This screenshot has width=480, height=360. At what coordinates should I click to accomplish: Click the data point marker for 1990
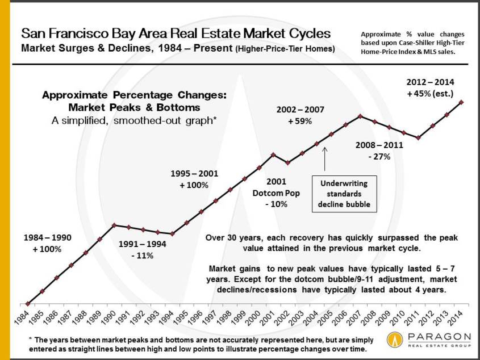point(115,225)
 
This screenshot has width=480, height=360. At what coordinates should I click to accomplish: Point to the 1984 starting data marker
point(28,304)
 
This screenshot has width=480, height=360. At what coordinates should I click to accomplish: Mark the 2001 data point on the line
point(274,154)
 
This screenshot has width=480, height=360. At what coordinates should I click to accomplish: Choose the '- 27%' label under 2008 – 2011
point(379,156)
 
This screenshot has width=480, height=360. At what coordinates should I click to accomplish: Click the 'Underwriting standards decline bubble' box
point(345,193)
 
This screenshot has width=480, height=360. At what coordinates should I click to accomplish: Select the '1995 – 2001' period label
point(194,174)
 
